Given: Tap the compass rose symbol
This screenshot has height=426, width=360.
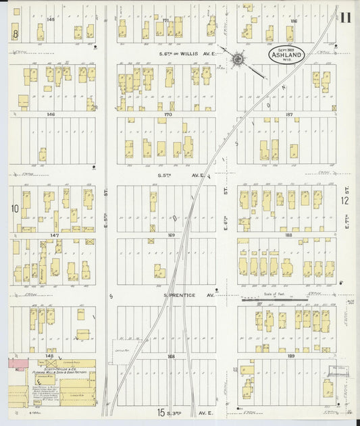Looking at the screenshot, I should point(238,60).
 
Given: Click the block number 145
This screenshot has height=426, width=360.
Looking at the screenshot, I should point(51,20).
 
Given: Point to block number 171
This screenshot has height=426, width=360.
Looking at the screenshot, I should point(165,22).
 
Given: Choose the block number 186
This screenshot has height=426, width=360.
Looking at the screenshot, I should point(293,22).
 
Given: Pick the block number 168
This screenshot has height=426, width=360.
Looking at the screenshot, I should point(171,356).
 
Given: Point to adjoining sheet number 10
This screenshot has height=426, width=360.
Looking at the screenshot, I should point(14,209).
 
